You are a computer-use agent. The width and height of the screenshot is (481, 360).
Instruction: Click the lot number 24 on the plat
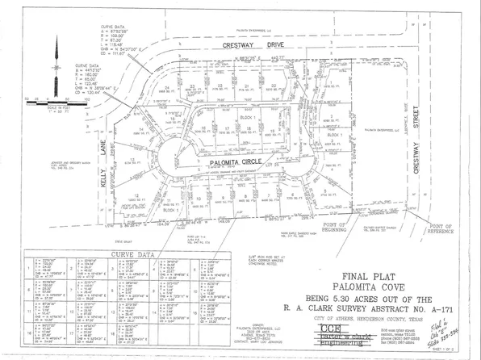pyautogui.click(x=167, y=86)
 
